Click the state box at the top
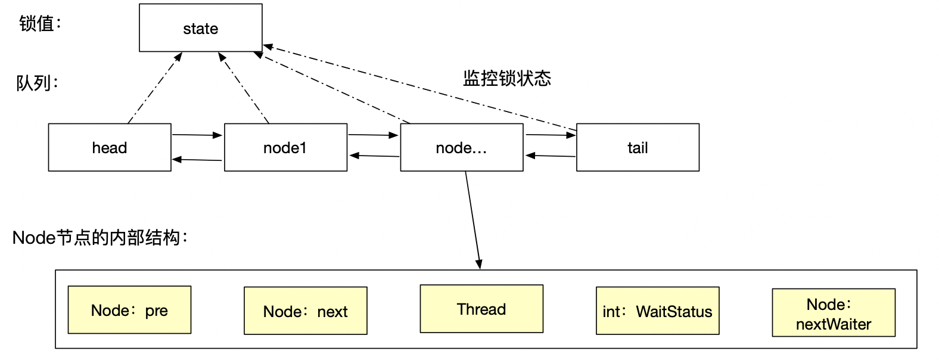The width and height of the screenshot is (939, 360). coord(201,28)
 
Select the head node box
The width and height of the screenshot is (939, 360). coord(110,148)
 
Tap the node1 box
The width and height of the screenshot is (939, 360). coord(285,148)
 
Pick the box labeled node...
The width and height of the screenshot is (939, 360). coord(462,148)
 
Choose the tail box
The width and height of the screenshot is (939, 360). coord(638,148)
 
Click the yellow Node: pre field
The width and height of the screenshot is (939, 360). coord(129,310)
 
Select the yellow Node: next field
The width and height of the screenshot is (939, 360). coord(306,311)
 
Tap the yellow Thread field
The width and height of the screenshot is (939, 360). coord(481,309)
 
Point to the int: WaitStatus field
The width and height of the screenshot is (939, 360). coord(657,311)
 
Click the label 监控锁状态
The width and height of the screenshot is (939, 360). coord(507,79)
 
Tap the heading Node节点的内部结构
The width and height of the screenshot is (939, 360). coord(100,238)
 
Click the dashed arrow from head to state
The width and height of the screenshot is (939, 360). coord(155,88)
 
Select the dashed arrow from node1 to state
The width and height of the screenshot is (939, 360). coord(244,88)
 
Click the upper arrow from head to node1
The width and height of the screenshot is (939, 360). coord(197,135)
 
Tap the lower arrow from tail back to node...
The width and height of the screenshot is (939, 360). coord(551,156)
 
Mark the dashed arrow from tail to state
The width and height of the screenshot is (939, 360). coord(417,87)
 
